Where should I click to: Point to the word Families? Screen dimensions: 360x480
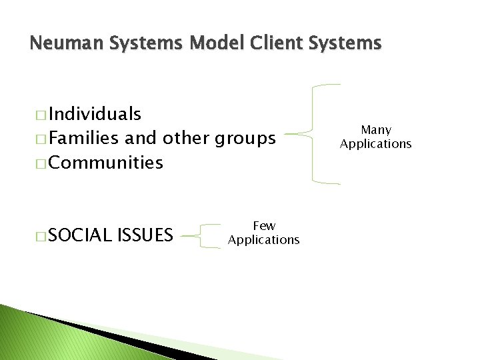(x=83, y=139)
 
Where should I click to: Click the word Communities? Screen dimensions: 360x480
(x=106, y=163)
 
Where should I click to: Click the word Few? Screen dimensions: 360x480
(x=264, y=227)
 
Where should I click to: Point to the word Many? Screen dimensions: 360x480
(x=376, y=130)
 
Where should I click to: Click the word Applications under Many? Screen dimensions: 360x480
(x=376, y=143)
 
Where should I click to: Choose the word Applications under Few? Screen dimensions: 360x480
(x=264, y=239)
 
